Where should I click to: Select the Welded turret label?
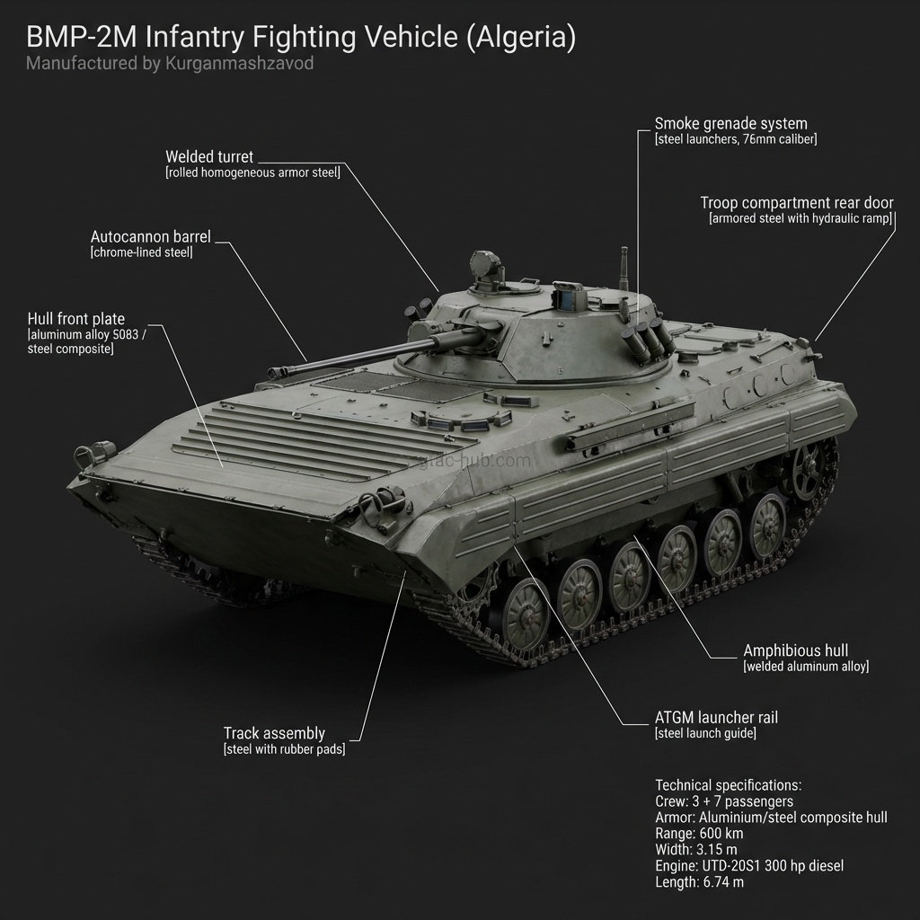pos(209,157)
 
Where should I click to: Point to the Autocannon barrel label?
pos(150,237)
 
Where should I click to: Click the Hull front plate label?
pos(76,319)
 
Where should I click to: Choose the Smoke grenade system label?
pos(730,124)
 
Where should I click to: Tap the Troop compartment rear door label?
pos(797,203)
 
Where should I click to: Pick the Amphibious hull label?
pos(795,650)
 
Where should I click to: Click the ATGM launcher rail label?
pos(716,718)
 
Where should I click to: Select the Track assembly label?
pos(274,733)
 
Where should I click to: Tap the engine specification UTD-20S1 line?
pos(749,866)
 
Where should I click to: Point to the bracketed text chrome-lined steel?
pos(141,253)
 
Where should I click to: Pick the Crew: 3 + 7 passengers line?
pos(724,801)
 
